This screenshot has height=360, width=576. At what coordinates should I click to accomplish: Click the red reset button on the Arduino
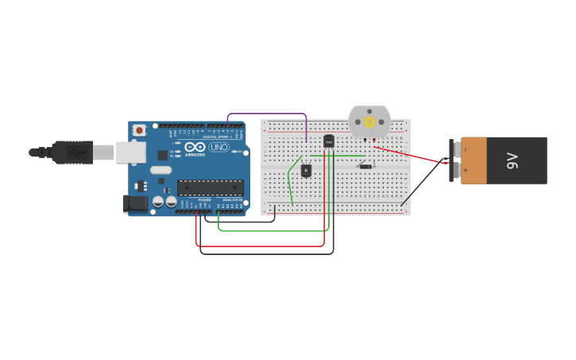click(x=139, y=130)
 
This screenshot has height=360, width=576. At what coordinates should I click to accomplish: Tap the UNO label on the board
click(x=219, y=147)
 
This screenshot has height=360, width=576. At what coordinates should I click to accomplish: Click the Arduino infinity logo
click(x=194, y=147)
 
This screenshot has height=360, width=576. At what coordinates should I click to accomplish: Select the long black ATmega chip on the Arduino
click(x=211, y=188)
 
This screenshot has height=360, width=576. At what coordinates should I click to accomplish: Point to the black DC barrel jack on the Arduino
click(x=136, y=203)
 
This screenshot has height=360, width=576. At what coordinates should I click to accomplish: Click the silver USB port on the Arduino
click(x=130, y=152)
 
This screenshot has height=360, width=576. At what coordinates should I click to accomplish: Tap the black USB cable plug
click(x=72, y=152)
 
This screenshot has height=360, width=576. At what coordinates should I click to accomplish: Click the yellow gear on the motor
click(x=369, y=122)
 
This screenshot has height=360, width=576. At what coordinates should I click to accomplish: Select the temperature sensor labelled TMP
click(x=329, y=141)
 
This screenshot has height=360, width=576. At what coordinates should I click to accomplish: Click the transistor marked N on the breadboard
click(x=306, y=169)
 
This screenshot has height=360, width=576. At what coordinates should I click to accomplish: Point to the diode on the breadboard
click(x=365, y=166)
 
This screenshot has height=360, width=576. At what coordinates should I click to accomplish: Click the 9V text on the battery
click(x=512, y=161)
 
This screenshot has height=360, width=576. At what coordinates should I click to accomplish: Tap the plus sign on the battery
click(x=466, y=170)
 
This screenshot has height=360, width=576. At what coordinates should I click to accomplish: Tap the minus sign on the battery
click(x=466, y=149)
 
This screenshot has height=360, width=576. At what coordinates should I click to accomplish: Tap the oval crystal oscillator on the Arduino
click(x=160, y=169)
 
